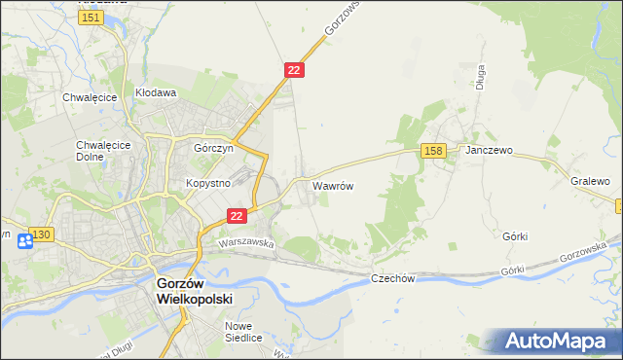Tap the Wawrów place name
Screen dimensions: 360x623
click(x=332, y=184)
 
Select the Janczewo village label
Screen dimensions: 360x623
click(x=490, y=152)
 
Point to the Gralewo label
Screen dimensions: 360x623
click(x=590, y=181)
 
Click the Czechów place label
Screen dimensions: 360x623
click(x=393, y=279)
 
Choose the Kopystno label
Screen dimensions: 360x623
click(x=207, y=182)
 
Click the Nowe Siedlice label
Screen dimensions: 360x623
click(x=243, y=332)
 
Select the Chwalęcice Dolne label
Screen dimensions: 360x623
click(x=96, y=151)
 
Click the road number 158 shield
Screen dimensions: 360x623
click(x=434, y=150)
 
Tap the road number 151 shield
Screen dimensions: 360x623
click(x=92, y=18)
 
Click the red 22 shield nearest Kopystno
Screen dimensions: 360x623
click(x=237, y=216)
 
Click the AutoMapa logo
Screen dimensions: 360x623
click(x=556, y=342)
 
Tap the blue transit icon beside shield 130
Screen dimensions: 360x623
click(x=24, y=240)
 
